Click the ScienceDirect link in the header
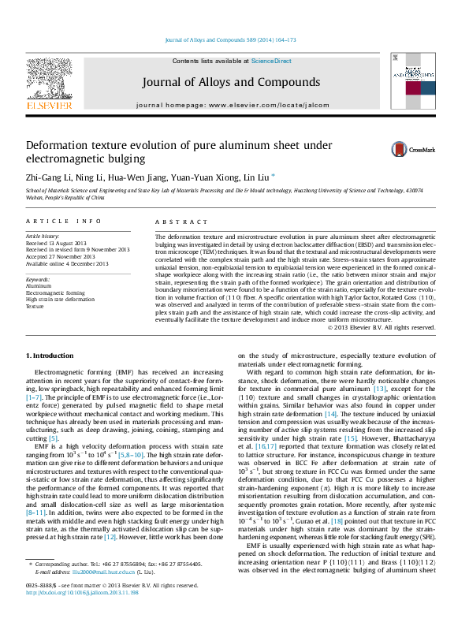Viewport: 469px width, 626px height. pyautogui.click(x=272, y=61)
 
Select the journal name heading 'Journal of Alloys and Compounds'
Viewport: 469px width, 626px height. pyautogui.click(x=231, y=82)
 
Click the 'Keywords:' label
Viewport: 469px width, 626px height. pyautogui.click(x=38, y=279)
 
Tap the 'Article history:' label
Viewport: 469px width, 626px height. pyautogui.click(x=43, y=236)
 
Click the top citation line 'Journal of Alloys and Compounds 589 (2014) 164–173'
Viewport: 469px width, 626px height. pyautogui.click(x=231, y=39)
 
